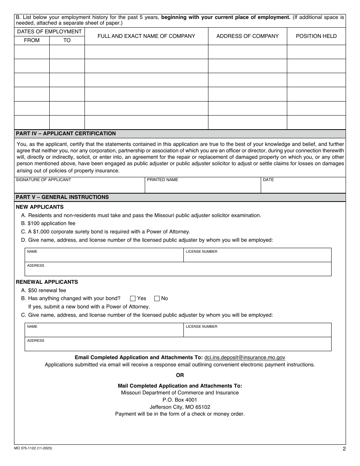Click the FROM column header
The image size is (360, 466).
pos(31,40)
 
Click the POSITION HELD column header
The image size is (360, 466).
pos(316,36)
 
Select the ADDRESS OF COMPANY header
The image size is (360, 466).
pos(247,36)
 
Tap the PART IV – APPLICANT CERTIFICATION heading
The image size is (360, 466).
pos(66,133)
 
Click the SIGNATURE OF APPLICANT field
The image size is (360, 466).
pos(80,186)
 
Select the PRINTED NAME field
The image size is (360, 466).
pos(203,186)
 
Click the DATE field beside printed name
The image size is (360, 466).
pos(303,186)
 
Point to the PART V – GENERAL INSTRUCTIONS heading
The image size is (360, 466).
pos(62,197)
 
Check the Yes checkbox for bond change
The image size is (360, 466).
pos(133,299)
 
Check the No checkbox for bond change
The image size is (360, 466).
pos(157,299)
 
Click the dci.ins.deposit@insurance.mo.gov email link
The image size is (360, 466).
pos(244,357)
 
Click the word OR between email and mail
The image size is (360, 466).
pos(180,375)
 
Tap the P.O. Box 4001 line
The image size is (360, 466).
pos(180,400)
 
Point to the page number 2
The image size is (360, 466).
pos(344,449)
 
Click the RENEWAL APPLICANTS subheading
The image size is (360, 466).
pos(47,282)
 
